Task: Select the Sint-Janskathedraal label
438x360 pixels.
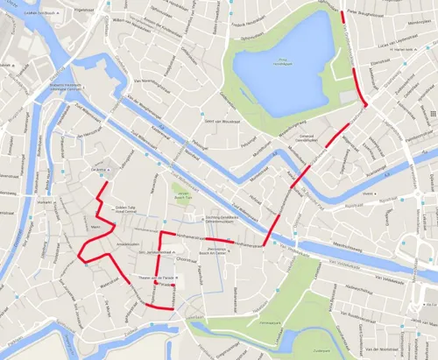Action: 152,253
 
